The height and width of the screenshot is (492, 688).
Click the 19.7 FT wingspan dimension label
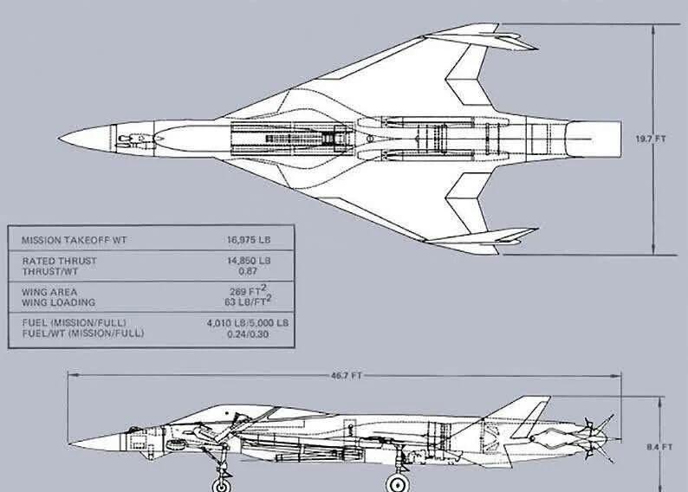651,139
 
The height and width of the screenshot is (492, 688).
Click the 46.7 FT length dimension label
347,376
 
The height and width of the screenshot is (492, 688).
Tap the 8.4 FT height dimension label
659,447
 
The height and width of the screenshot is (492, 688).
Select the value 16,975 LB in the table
249,240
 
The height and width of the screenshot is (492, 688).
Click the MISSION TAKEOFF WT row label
75,240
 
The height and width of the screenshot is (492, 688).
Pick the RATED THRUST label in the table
59,261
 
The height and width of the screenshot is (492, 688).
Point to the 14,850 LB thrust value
249,261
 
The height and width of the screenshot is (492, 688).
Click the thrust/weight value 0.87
248,271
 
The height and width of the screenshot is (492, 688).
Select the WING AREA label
49,292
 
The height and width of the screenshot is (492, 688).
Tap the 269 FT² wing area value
248,290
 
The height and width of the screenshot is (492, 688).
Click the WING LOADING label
58,302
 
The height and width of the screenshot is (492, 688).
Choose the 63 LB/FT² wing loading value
248,301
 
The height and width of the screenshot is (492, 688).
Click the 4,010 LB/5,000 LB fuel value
248,323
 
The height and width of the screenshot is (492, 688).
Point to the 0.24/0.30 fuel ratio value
248,334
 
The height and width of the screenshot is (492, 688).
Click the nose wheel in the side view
222,485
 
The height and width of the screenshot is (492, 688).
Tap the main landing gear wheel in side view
397,484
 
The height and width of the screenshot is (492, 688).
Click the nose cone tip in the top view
59,139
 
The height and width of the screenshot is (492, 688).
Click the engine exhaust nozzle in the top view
594,139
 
